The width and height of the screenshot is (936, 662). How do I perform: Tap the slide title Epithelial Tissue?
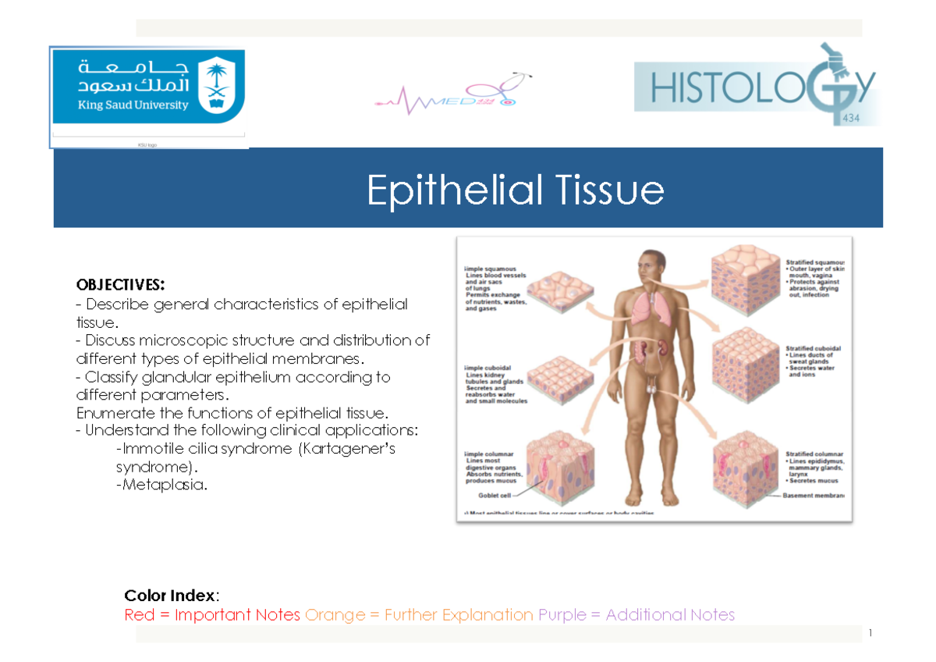point(515,190)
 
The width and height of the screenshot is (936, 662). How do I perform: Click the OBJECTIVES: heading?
point(120,283)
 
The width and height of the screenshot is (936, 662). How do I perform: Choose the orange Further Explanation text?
point(419,615)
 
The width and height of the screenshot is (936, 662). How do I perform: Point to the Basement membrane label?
point(816,495)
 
